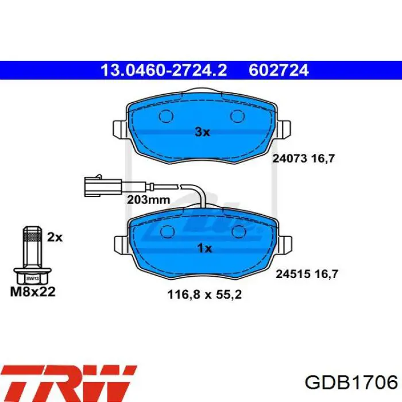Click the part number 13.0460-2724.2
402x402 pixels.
[164, 70]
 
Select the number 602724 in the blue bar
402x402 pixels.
[279, 70]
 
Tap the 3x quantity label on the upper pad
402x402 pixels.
[202, 132]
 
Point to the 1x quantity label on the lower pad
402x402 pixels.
[204, 248]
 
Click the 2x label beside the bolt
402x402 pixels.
[55, 237]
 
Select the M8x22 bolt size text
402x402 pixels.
[33, 292]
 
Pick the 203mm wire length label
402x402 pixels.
[148, 200]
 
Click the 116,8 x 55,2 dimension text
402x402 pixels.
[204, 294]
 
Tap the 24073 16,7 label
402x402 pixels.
[303, 159]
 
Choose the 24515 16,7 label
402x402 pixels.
[307, 274]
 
